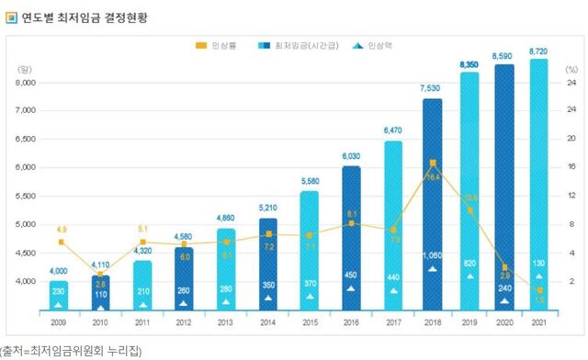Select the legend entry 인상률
point(219,45)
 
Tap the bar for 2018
point(434,202)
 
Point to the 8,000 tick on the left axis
point(26,83)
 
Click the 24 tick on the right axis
point(571,83)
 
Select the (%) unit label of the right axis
point(571,69)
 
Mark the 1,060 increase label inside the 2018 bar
point(434,256)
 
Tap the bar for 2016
point(351,237)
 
